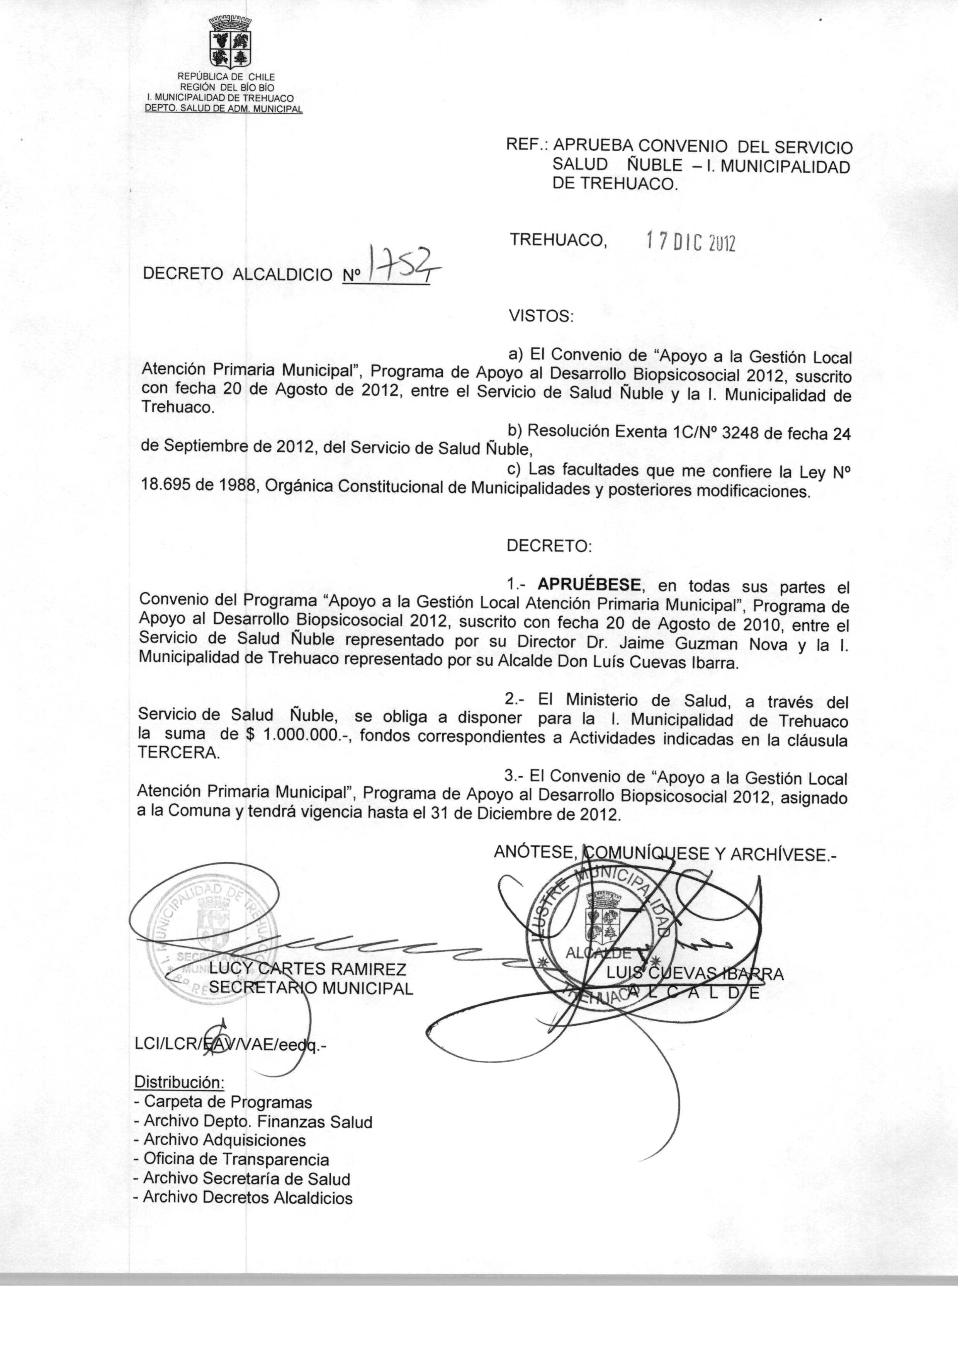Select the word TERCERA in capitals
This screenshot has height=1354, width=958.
coord(178,754)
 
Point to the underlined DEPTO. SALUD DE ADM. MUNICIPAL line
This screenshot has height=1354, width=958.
coord(224,109)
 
